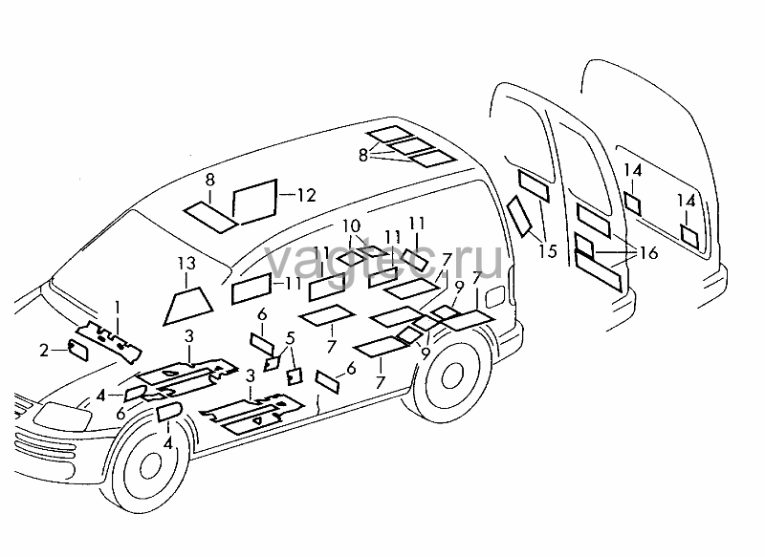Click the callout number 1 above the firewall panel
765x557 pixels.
[x=117, y=308]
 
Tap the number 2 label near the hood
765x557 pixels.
[x=44, y=351]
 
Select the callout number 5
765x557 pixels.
[x=291, y=338]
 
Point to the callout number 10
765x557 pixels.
[x=351, y=226]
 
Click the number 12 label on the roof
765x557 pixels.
[x=307, y=196]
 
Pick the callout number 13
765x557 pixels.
[x=186, y=264]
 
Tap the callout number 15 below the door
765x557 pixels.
[x=548, y=251]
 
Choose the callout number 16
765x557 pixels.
[x=649, y=253]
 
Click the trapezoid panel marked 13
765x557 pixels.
[x=187, y=306]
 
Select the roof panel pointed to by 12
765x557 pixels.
[x=254, y=202]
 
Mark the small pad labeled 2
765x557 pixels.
[x=78, y=350]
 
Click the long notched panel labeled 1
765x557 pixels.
[x=109, y=342]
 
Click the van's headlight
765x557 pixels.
[x=62, y=418]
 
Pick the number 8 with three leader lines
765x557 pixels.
[x=363, y=156]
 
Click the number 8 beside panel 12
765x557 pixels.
[x=209, y=180]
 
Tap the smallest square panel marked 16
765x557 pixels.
[x=584, y=246]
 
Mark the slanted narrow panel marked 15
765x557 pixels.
[x=519, y=216]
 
